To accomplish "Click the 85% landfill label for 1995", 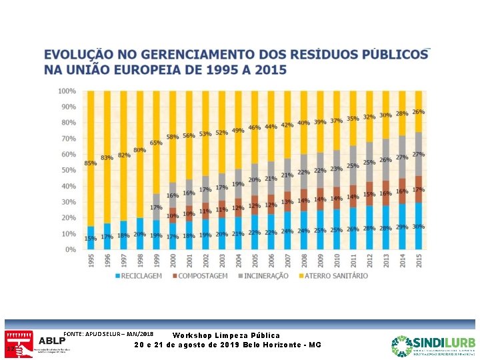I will point(90,163).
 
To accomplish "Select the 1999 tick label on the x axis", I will point(156,259).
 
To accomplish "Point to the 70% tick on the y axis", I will point(67,139).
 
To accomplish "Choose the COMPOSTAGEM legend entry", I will point(202,276).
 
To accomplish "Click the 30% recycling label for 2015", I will point(419,227).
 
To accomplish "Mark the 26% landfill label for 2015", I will point(419,112).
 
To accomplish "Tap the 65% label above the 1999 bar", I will point(156,143).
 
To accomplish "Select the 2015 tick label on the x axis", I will point(419,259).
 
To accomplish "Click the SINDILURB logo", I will point(433,344).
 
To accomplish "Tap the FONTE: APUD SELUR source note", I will point(108,333).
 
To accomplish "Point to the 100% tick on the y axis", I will point(66,91).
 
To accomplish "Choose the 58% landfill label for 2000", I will point(173,137).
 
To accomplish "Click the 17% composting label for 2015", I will point(419,190).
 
